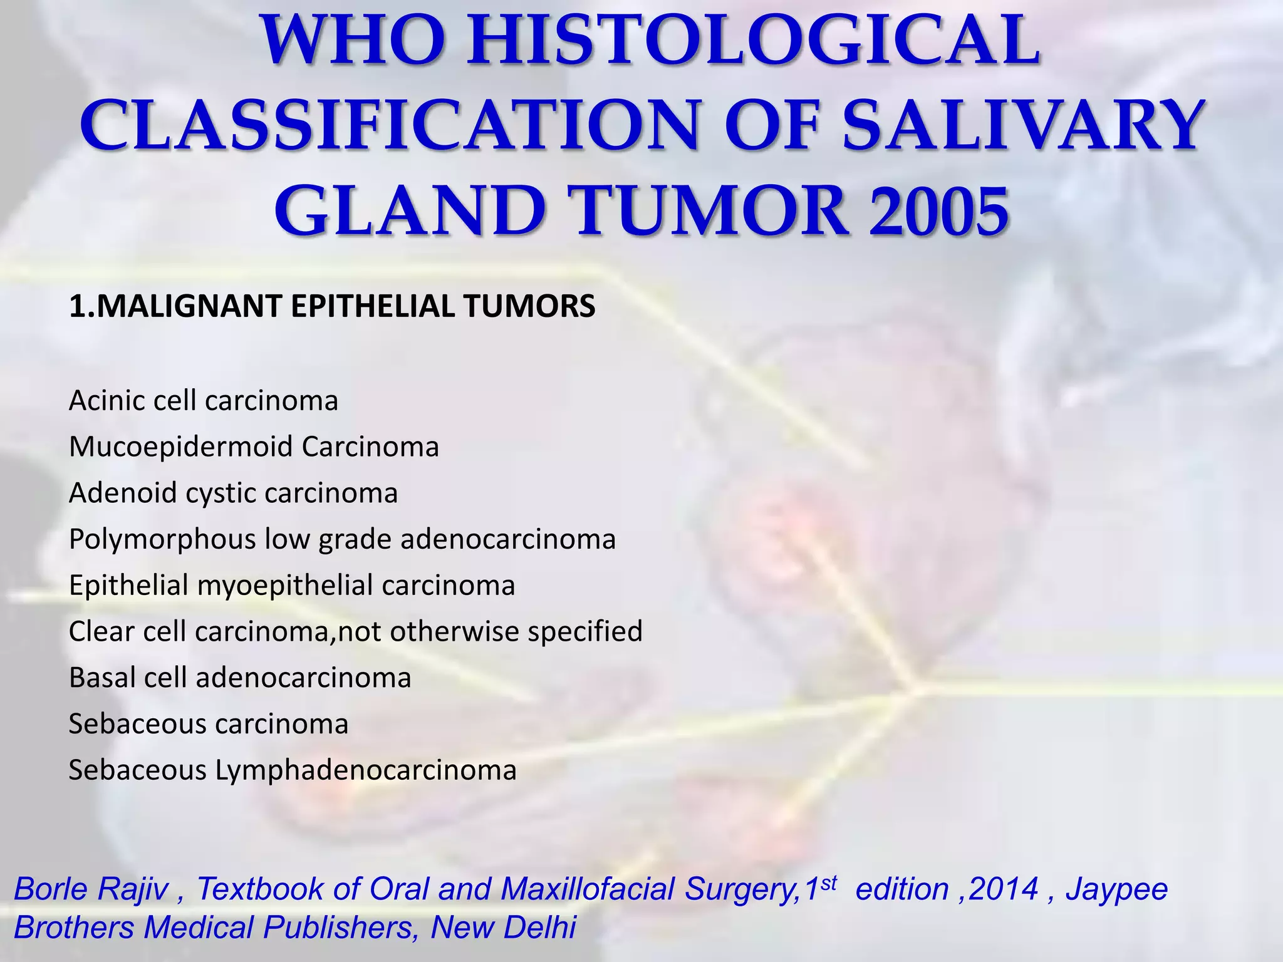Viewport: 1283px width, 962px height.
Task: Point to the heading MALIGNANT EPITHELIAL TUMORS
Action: pos(332,306)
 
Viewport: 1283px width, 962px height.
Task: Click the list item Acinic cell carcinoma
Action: pos(203,401)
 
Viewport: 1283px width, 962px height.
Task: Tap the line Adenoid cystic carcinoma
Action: pos(233,493)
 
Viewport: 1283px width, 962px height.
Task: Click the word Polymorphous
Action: pos(162,539)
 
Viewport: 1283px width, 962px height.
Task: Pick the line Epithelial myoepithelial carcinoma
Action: pos(292,586)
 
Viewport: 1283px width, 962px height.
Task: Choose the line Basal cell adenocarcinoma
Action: pos(240,678)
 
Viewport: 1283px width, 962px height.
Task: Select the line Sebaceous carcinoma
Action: pos(208,724)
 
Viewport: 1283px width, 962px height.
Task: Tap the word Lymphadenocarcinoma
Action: pos(366,770)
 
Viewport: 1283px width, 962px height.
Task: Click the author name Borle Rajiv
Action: pos(91,889)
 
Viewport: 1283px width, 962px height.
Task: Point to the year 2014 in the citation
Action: pos(1003,889)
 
